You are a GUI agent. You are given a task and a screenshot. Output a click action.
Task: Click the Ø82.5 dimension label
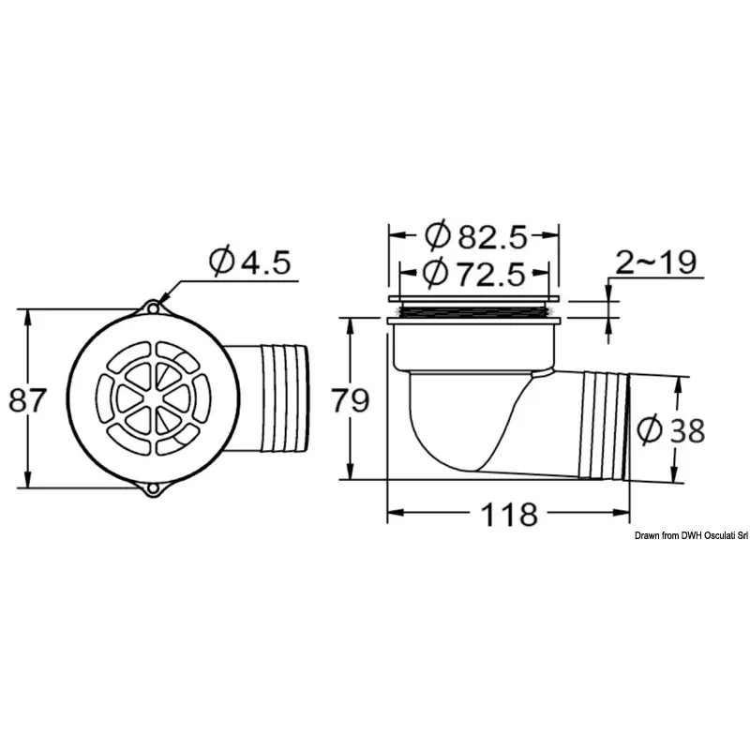476,235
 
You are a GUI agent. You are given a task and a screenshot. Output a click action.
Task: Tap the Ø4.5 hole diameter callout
249,262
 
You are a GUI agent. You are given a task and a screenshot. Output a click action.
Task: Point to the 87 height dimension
27,400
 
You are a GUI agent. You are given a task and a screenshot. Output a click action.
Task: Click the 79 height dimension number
351,400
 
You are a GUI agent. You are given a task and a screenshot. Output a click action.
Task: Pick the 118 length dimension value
509,515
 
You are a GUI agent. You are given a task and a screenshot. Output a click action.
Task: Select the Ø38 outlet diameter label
671,429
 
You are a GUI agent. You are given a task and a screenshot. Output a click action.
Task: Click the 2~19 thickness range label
655,262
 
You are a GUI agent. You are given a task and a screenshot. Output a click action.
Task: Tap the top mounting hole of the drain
153,308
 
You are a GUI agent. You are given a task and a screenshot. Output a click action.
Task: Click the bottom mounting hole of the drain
153,488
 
